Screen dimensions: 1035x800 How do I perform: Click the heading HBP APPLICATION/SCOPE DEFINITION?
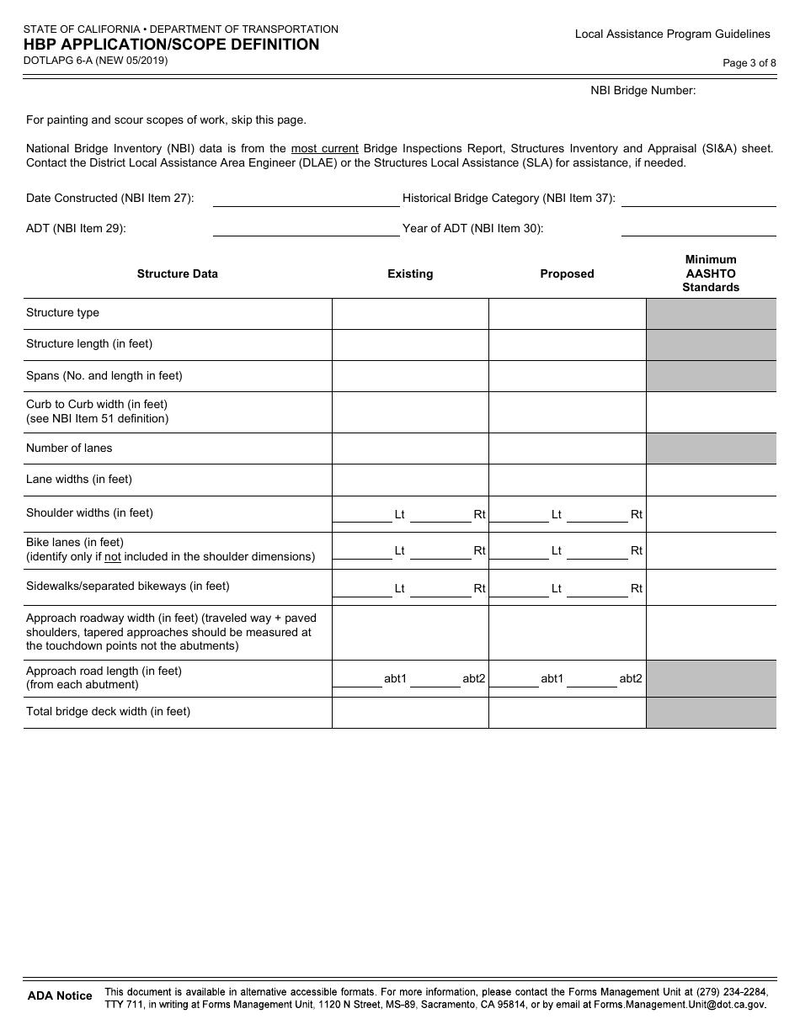click(172, 45)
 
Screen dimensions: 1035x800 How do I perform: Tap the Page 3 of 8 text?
click(749, 62)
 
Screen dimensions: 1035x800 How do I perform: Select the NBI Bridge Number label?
click(643, 91)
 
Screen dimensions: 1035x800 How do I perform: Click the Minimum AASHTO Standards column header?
click(711, 273)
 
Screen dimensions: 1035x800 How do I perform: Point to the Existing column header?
click(410, 274)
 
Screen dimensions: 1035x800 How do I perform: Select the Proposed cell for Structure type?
click(567, 313)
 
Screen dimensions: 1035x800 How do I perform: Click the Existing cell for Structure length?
click(410, 344)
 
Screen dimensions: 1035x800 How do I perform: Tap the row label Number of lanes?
click(69, 448)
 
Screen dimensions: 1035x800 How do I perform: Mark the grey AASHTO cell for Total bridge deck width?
click(711, 712)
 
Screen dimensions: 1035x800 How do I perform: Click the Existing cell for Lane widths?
click(410, 480)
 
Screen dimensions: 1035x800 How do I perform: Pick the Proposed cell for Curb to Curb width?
click(567, 411)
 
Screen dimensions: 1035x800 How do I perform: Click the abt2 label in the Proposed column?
click(631, 678)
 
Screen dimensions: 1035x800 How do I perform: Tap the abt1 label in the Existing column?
click(395, 678)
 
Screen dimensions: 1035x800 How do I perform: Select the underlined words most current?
click(324, 149)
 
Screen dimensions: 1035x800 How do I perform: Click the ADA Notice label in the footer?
click(60, 996)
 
